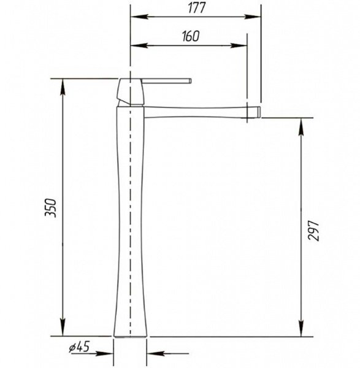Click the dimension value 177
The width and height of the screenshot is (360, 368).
197,8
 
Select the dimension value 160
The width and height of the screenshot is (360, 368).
191,36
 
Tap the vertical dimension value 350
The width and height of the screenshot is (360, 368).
51,208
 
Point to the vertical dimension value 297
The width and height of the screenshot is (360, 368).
313,230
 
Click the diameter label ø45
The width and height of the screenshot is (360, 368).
79,347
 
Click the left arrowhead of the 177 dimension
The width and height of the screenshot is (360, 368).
139,17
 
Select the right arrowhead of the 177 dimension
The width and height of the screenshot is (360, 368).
252,17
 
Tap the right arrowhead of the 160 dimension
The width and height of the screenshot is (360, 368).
239,45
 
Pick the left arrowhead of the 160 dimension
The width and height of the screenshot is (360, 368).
139,45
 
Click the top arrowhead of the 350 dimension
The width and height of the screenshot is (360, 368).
63,87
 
